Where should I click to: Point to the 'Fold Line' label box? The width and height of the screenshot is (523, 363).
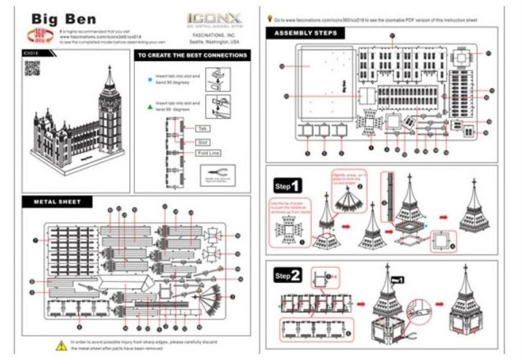pos(207,153)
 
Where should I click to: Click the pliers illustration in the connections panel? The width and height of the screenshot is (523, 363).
pos(218,173)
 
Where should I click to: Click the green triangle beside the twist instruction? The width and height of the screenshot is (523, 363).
pos(150,106)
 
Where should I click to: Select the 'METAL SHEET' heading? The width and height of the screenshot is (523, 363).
pos(57,202)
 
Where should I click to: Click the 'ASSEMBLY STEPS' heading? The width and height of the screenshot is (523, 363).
pos(305,33)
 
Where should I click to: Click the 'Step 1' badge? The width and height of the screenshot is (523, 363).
pos(288,186)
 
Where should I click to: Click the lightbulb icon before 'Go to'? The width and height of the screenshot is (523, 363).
pos(268,19)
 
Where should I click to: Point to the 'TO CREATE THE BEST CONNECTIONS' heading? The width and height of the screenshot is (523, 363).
pos(191,56)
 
